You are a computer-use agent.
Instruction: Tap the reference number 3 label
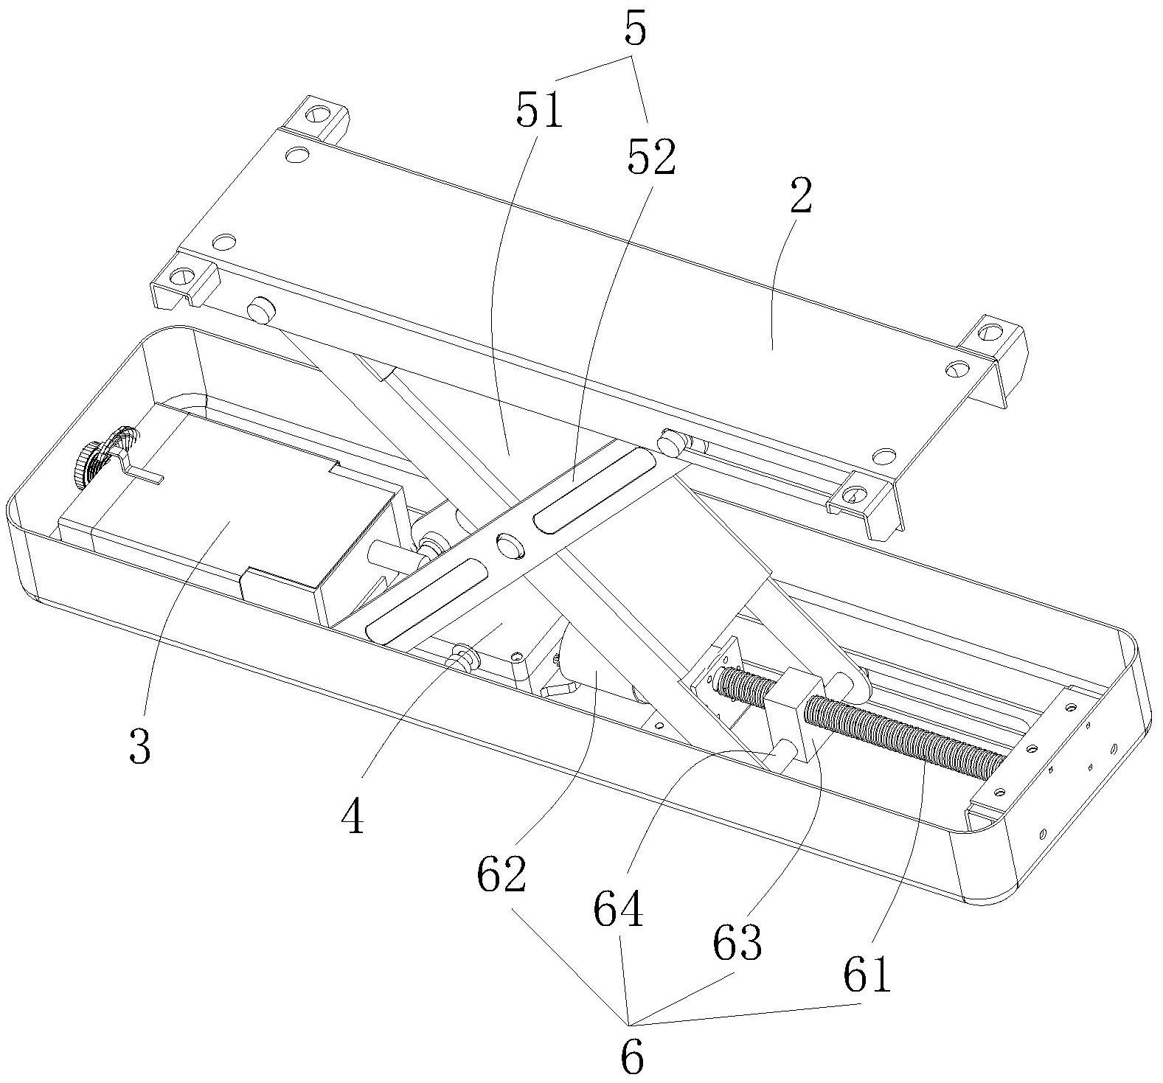pyautogui.click(x=139, y=745)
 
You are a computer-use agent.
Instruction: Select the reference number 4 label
pyautogui.click(x=354, y=816)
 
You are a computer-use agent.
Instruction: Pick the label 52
pyautogui.click(x=651, y=157)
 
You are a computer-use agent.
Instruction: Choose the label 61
pyautogui.click(x=868, y=975)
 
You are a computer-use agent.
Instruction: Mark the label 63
pyautogui.click(x=737, y=941)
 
